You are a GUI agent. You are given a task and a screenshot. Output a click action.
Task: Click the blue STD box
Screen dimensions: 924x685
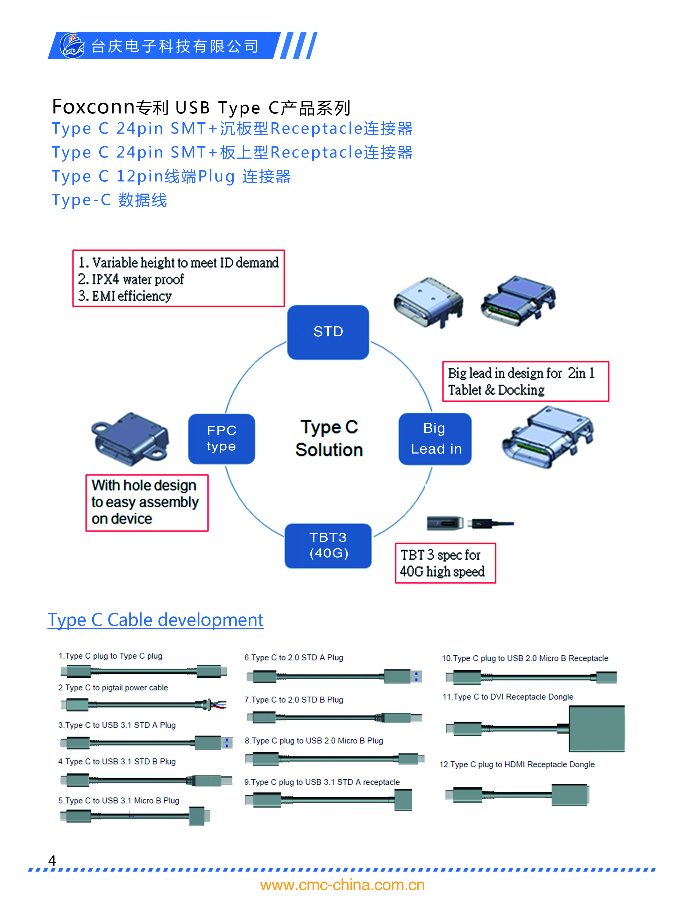tap(328, 332)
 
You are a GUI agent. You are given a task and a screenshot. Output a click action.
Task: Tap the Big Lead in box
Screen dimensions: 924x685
tap(435, 439)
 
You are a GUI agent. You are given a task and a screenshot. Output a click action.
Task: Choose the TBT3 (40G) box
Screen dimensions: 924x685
tap(328, 545)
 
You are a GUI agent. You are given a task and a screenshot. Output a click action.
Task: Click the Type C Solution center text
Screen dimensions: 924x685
tap(329, 438)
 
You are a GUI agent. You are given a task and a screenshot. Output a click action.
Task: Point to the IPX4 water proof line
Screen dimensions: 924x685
tap(131, 279)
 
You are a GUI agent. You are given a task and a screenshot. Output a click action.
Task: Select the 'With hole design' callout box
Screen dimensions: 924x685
tap(147, 503)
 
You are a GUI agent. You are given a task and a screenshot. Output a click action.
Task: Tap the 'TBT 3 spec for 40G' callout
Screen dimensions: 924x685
tap(445, 563)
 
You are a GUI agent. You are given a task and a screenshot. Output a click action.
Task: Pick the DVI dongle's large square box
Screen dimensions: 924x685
tap(596, 729)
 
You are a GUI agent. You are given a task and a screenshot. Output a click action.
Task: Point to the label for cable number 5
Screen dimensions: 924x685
tap(119, 800)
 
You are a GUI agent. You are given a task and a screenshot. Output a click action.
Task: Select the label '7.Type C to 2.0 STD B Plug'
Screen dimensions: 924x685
tap(293, 700)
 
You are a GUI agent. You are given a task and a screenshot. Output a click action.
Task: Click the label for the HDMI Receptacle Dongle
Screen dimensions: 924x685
tap(517, 764)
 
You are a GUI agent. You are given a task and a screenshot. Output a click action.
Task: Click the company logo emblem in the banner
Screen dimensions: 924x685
tap(72, 45)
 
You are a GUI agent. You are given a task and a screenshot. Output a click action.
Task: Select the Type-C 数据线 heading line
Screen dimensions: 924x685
tap(110, 200)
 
